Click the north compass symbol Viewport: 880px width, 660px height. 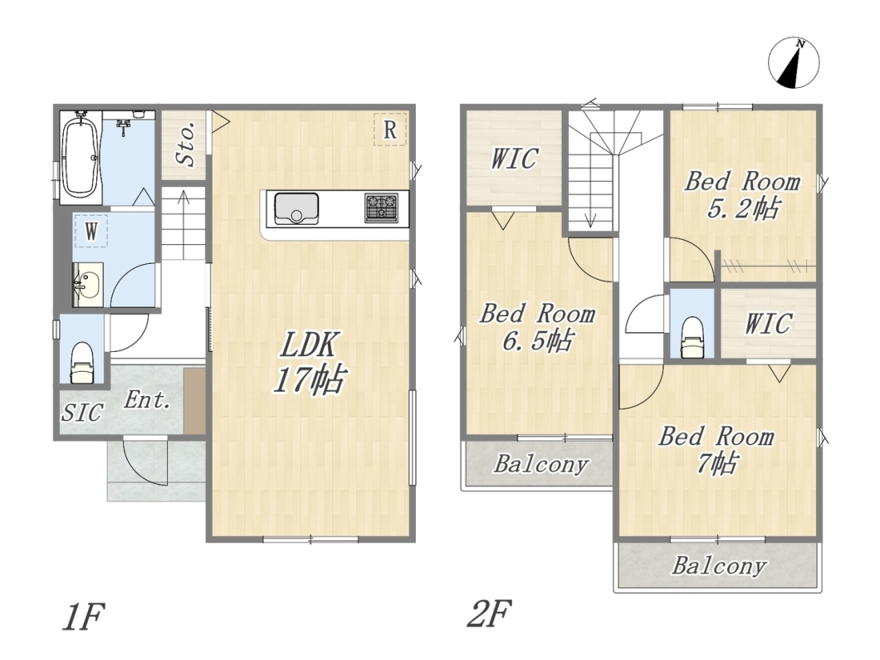(794, 63)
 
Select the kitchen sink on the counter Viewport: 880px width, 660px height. (296, 208)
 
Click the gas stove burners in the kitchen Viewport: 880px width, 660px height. (381, 208)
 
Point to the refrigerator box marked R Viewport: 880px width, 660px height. (390, 130)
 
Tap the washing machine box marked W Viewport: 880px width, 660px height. (91, 231)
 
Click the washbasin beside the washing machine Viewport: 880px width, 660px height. (87, 285)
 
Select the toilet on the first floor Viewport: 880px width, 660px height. (82, 363)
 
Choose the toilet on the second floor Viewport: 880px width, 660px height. (692, 337)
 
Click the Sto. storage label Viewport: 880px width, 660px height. (185, 144)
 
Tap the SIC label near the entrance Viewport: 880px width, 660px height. (82, 413)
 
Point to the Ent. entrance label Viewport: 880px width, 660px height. (147, 400)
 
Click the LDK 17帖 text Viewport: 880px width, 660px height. (309, 362)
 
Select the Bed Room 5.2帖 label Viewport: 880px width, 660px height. (742, 195)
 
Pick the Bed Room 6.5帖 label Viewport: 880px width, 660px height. (537, 326)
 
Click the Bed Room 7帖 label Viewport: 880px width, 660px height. (716, 450)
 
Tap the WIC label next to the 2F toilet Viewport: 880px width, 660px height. (768, 323)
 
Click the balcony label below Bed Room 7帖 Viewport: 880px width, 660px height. (719, 565)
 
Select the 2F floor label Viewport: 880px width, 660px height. (489, 614)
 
